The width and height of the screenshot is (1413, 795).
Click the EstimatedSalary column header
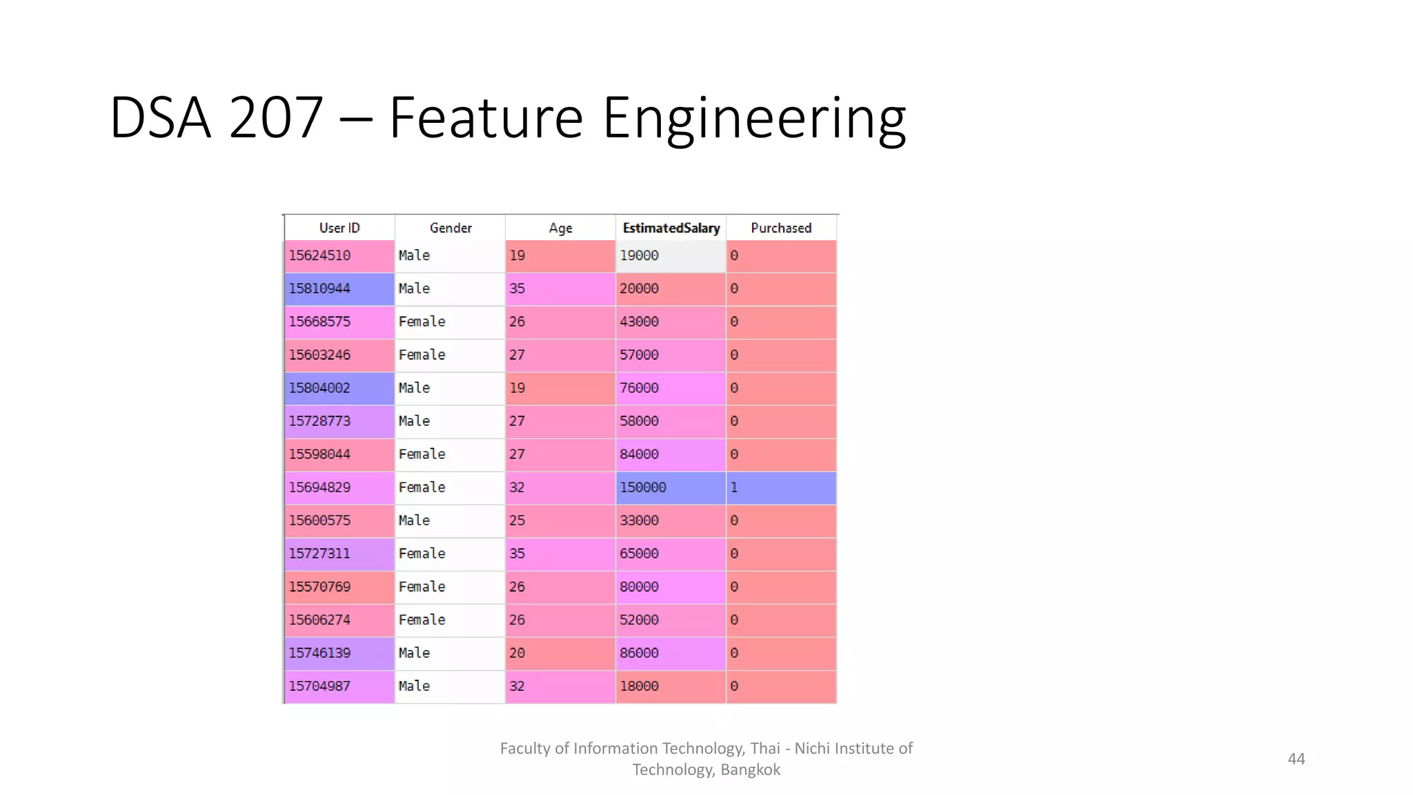[x=671, y=228]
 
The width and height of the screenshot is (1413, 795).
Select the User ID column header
[x=339, y=228]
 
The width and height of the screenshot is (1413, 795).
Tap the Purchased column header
[x=781, y=228]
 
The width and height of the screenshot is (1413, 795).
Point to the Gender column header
[x=451, y=228]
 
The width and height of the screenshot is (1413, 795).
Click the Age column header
[x=560, y=228]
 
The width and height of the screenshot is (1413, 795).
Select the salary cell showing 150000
[x=670, y=487]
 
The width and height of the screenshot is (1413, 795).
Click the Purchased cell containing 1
[x=781, y=487]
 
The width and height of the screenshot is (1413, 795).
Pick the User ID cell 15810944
[x=339, y=288]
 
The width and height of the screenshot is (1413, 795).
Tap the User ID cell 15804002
[x=339, y=388]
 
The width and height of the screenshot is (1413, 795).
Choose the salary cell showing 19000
[x=670, y=255]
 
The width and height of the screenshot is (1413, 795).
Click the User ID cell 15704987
[x=339, y=686]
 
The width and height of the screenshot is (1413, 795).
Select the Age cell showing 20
[x=560, y=653]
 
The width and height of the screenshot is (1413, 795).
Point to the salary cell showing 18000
[x=670, y=686]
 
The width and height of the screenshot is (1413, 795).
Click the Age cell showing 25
[x=560, y=520]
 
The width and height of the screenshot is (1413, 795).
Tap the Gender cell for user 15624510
[x=450, y=255]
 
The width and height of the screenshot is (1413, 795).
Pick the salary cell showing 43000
[x=670, y=322]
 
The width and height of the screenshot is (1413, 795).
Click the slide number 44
[x=1296, y=759]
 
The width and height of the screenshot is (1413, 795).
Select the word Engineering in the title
[x=754, y=119]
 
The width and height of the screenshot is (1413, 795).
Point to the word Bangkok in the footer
[x=750, y=769]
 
